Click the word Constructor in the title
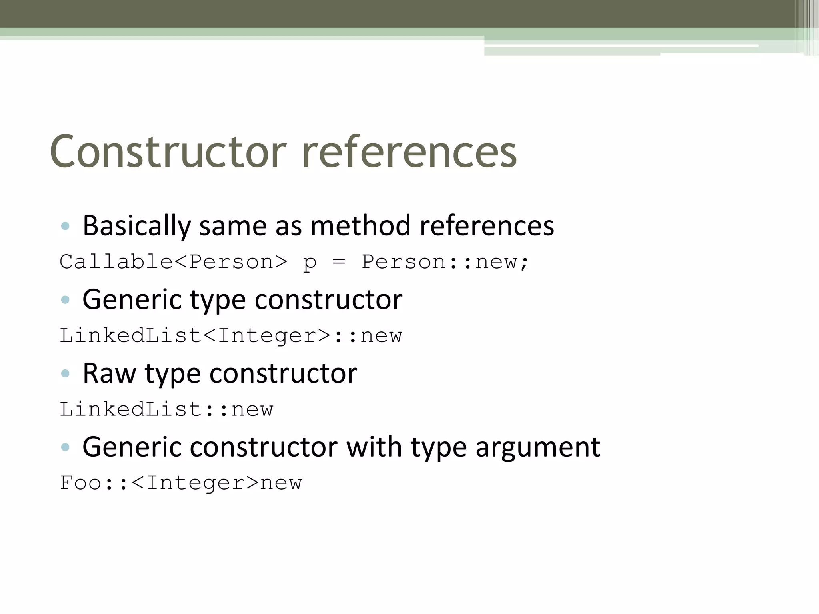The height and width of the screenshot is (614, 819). click(168, 152)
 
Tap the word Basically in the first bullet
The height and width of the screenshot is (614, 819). click(136, 226)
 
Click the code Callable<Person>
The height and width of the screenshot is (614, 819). click(173, 262)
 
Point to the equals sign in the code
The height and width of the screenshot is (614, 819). click(338, 262)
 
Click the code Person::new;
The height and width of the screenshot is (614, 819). click(445, 262)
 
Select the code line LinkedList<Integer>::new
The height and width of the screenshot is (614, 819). click(231, 335)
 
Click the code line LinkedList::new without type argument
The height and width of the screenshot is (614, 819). click(166, 409)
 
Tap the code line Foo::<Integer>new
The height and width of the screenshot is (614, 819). click(181, 483)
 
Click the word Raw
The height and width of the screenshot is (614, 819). click(109, 373)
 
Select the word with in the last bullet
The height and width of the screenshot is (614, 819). click(374, 447)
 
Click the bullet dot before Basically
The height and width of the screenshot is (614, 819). click(65, 226)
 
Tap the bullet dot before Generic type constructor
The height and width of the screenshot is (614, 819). click(65, 300)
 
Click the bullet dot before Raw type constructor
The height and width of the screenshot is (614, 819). click(65, 373)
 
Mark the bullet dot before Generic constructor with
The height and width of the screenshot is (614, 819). click(65, 447)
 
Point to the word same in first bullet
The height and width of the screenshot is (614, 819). click(232, 226)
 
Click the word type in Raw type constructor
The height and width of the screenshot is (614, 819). click(172, 374)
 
